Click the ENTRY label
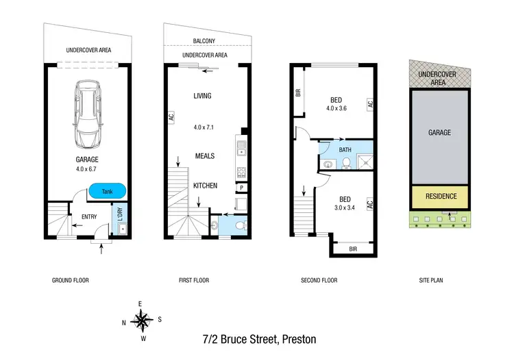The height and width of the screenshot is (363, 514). click(x=88, y=217)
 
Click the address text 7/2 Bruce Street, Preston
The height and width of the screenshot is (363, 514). click(x=259, y=339)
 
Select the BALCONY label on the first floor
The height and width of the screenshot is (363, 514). click(x=204, y=40)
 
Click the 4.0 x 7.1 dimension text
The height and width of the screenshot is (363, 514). click(x=204, y=127)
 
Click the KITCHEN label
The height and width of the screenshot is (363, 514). click(x=204, y=186)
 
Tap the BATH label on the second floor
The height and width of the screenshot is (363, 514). click(x=346, y=149)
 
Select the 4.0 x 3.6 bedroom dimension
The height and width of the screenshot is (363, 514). click(x=336, y=108)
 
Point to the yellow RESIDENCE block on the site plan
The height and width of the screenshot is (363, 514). click(x=441, y=197)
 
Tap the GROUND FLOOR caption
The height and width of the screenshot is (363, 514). click(x=71, y=280)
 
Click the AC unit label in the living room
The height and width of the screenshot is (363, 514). click(x=171, y=117)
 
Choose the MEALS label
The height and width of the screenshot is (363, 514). click(x=204, y=155)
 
